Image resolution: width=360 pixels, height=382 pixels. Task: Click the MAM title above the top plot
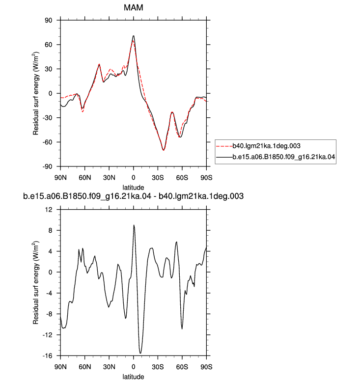[x=133, y=7]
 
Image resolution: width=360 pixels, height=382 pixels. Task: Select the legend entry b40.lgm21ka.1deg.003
[x=266, y=146]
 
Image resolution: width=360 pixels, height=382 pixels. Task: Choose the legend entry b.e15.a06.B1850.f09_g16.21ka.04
[x=284, y=157]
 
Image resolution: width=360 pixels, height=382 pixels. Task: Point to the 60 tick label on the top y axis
[x=48, y=45]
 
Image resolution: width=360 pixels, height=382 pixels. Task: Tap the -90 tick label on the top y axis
[x=47, y=166]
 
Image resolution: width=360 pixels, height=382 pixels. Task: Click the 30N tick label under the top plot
[x=109, y=178]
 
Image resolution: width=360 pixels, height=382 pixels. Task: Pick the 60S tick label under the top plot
[x=182, y=178]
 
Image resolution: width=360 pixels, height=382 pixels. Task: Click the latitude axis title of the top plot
[x=133, y=188]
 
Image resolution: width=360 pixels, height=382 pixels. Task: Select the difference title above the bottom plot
[x=133, y=196]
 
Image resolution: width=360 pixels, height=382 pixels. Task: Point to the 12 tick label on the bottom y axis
[x=49, y=210]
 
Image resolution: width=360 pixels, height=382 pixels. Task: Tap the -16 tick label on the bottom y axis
[x=47, y=355]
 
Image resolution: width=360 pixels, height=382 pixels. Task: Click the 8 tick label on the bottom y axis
[x=50, y=230]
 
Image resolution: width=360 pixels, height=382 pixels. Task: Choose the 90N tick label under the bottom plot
[x=60, y=367]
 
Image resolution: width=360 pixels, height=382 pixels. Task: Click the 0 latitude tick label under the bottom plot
[x=133, y=367]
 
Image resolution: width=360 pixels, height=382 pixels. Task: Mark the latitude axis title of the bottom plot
[x=133, y=377]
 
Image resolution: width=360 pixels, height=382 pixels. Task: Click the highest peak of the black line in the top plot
[x=133, y=36]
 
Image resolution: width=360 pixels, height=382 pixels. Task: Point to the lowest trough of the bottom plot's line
[x=140, y=353]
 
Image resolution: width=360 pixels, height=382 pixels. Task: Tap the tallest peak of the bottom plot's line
[x=134, y=225]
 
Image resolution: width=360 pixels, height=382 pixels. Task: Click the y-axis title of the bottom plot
[x=36, y=283]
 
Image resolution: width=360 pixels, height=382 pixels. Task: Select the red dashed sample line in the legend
[x=224, y=146]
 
